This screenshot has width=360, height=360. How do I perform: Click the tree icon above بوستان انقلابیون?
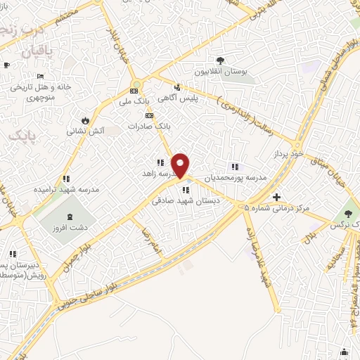[x=221, y=61]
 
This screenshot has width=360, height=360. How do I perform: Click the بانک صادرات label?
[x=149, y=126]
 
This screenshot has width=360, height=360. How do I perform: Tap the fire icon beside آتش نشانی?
[x=86, y=120]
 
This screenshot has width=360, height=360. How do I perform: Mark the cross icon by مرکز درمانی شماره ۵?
[x=276, y=197]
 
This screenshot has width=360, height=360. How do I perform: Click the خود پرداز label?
[x=288, y=153]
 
